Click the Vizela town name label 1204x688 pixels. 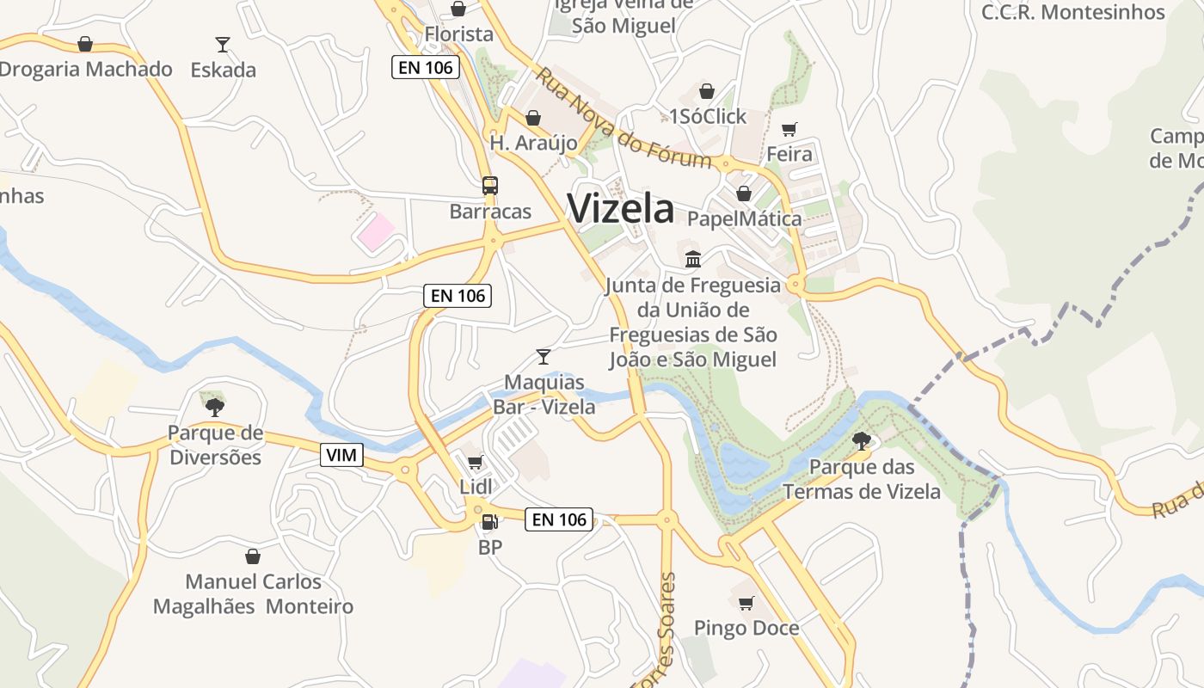coord(621,209)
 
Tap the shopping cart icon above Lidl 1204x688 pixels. coord(476,463)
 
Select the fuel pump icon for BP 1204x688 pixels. coord(489,521)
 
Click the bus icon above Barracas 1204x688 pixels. coord(489,186)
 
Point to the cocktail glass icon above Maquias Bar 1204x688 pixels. coord(543,356)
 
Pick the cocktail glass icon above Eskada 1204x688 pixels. coord(223,44)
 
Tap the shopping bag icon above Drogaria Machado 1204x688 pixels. coord(85,44)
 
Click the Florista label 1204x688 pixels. coord(459,34)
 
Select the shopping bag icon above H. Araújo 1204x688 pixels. coord(533,118)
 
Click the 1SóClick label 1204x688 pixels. coord(708,116)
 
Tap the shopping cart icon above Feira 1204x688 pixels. coord(789,130)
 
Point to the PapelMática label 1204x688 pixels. coord(744,218)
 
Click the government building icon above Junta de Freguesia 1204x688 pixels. coord(692,259)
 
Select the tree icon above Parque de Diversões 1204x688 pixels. coord(215,407)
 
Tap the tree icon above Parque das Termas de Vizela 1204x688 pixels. coord(861,442)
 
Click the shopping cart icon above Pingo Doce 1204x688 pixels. coord(746,603)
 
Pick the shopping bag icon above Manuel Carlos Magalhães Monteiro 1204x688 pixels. coord(253,556)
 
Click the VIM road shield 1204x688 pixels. coord(341,455)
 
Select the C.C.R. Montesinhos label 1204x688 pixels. coord(1073,12)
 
